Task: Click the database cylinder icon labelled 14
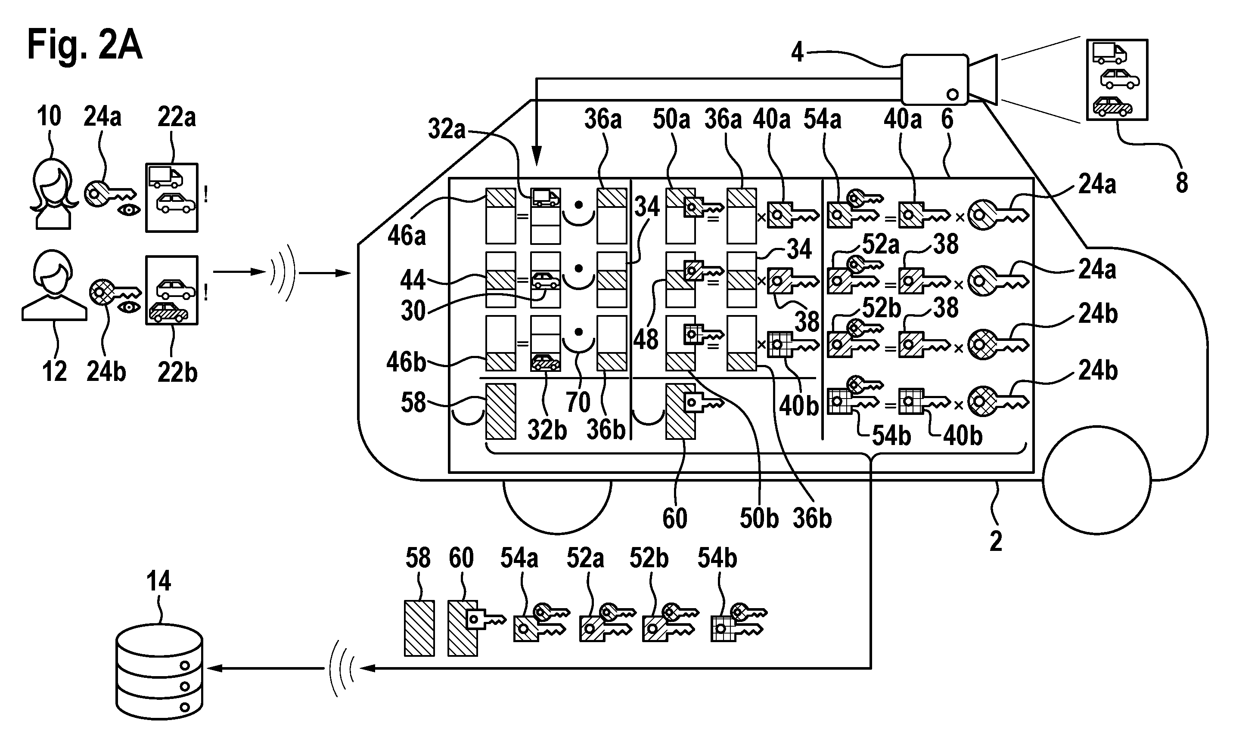pos(159,671)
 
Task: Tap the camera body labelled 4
pos(935,79)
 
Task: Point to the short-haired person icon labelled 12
pos(54,285)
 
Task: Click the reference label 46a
pos(406,235)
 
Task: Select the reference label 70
pos(578,402)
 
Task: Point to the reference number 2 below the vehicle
pos(996,541)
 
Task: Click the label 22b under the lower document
pos(177,373)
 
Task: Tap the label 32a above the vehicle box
pos(447,130)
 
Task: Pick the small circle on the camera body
pos(952,94)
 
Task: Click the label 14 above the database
pos(158,581)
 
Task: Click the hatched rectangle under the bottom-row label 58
pos(419,629)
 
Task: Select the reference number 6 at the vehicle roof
pos(947,119)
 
